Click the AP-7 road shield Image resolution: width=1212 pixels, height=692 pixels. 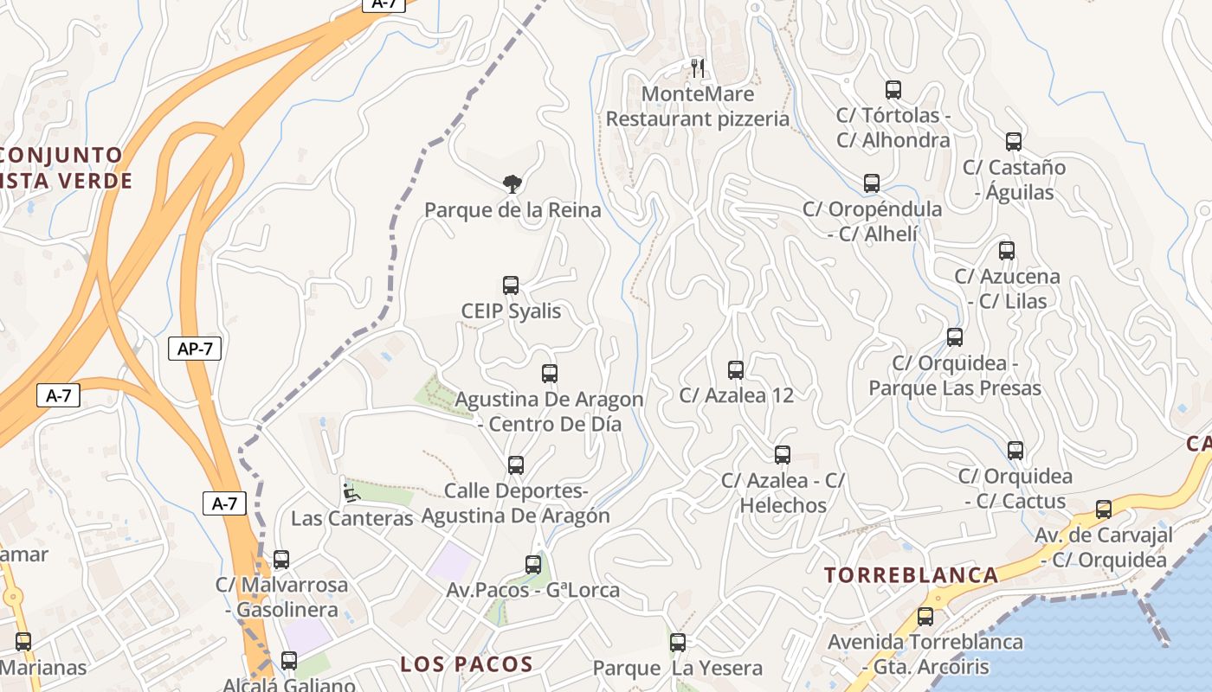point(195,349)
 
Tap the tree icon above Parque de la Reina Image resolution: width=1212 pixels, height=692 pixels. point(513,183)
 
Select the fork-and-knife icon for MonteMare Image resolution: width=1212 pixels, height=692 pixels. point(698,67)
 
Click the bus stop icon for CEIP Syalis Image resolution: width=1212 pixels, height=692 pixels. point(511,285)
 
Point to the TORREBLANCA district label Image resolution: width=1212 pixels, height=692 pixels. point(911,575)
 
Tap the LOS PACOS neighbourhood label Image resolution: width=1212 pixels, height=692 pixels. point(467,664)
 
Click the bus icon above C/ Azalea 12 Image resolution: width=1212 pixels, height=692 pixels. point(736,370)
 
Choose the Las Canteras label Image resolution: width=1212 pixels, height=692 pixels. point(352,518)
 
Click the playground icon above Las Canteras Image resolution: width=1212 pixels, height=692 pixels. point(351,493)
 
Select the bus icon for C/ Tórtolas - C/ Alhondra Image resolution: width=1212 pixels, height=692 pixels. point(893,90)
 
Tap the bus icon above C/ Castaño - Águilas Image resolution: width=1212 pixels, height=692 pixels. point(1014,142)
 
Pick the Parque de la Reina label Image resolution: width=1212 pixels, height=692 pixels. point(513,209)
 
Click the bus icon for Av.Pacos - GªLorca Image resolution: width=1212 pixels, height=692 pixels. point(533,565)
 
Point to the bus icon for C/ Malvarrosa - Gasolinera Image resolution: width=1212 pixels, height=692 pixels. point(281,560)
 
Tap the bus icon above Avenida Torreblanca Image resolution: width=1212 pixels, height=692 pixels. point(925,617)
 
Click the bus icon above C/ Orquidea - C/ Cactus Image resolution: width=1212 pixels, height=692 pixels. point(1015,451)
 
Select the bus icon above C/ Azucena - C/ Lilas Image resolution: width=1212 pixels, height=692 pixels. point(1007,251)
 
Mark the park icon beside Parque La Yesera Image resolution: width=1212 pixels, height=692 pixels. point(678,643)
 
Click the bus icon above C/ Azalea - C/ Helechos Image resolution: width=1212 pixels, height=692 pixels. point(783,455)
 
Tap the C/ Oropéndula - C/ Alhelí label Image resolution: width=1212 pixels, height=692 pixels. point(872,221)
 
